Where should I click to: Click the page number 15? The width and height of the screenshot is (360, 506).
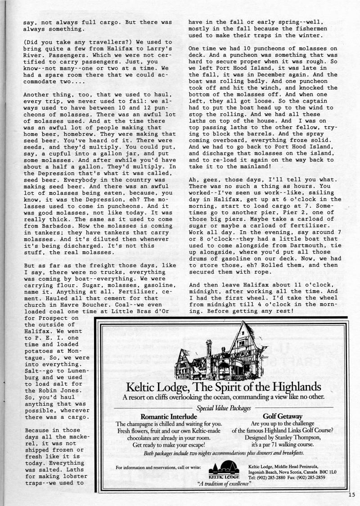click(x=351, y=494)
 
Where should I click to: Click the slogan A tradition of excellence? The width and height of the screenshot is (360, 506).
click(x=224, y=484)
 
